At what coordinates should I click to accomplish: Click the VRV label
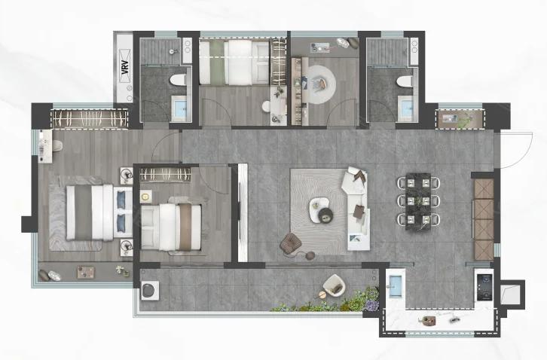point(126,66)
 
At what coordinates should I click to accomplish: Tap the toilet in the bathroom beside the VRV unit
point(178,81)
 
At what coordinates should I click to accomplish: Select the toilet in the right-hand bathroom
point(405,81)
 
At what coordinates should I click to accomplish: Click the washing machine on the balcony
point(150,290)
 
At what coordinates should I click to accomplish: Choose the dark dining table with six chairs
point(418,202)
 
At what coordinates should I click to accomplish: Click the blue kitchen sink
point(396,286)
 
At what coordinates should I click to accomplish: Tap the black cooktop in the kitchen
point(484,287)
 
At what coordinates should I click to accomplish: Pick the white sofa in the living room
point(357,209)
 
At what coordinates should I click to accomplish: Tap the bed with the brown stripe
point(171,227)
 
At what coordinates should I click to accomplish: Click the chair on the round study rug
point(320,84)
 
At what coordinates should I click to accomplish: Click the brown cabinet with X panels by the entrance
point(484,220)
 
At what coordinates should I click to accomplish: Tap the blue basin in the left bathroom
point(180,109)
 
